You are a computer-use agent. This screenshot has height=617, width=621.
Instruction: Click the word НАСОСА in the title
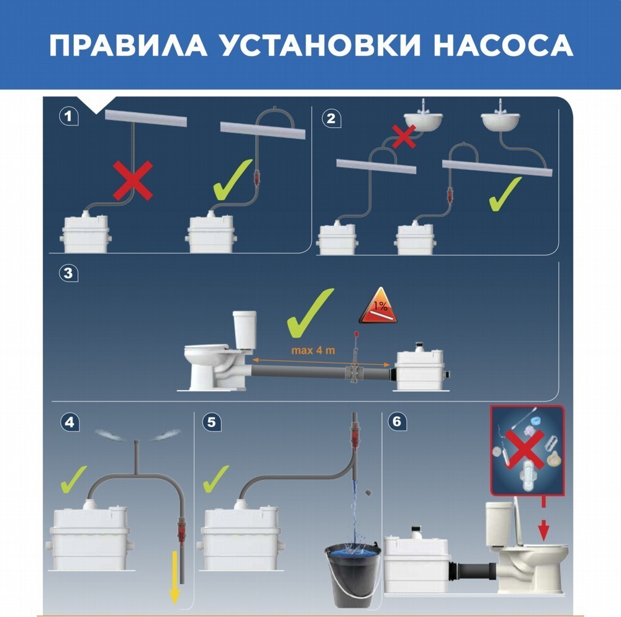[x=503, y=45]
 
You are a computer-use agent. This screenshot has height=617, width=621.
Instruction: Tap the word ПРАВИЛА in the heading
[x=128, y=45]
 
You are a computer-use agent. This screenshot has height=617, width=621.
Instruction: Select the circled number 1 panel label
[x=68, y=117]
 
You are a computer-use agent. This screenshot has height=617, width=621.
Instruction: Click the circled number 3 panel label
[x=68, y=273]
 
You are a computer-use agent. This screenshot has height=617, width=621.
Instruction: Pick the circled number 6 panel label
[x=396, y=422]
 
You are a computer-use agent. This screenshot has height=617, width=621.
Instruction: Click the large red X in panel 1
[x=133, y=180]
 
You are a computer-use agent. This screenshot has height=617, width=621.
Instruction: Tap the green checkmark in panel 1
[x=232, y=180]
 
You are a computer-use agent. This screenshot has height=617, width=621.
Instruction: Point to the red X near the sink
[x=404, y=136]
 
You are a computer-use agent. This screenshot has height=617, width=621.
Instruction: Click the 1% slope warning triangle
[x=378, y=306]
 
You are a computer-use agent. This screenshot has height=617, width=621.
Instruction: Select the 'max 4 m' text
[x=313, y=350]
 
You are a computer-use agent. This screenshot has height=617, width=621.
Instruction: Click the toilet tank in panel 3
[x=244, y=328]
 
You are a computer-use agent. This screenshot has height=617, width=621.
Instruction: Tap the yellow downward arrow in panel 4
[x=175, y=577]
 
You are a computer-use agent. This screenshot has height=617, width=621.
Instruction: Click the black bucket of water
[x=353, y=575]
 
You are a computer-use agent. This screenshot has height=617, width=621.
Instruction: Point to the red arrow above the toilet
[x=544, y=519]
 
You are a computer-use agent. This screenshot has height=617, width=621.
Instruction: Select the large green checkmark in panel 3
[x=310, y=313]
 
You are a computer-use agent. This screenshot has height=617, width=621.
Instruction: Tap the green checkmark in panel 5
[x=215, y=478]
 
